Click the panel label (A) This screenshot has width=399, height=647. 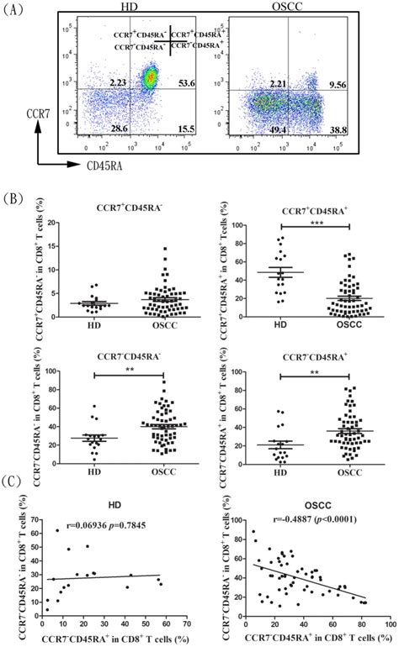tap(16, 11)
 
